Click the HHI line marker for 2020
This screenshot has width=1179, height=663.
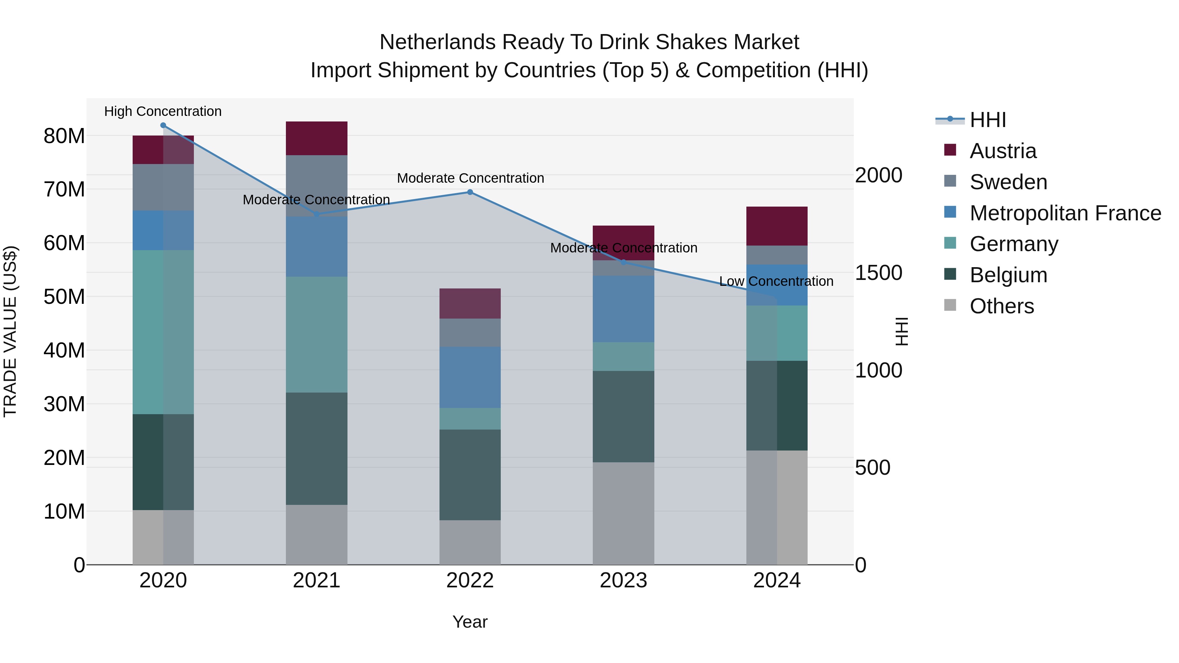point(163,125)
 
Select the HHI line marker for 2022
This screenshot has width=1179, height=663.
point(470,192)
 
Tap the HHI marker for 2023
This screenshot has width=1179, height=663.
point(623,262)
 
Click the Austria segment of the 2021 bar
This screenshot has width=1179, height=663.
point(316,138)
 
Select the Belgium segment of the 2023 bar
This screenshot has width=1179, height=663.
point(623,416)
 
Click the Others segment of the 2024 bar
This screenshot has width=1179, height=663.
point(777,507)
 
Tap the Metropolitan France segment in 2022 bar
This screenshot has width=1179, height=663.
point(470,377)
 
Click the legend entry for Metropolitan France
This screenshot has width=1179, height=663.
point(1065,213)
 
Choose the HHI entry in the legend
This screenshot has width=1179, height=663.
point(988,120)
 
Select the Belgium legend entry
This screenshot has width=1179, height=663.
point(1008,275)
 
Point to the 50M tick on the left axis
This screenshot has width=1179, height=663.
point(64,297)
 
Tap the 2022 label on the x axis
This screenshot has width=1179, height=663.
point(470,580)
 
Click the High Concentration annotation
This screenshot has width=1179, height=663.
point(163,111)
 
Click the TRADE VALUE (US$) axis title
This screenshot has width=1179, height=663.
point(10,331)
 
